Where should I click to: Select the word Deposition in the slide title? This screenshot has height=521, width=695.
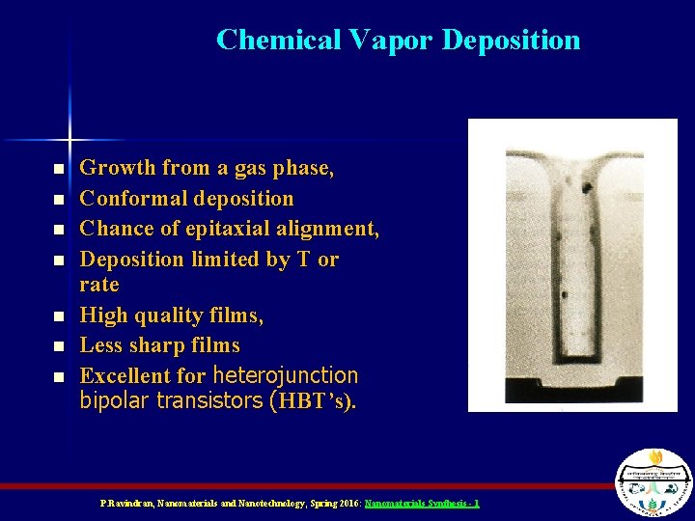511,40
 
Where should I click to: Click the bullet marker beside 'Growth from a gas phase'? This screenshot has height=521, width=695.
58,169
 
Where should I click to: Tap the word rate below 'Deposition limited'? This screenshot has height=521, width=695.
99,285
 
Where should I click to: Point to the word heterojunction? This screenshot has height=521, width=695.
285,375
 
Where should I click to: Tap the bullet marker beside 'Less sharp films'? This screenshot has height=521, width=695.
58,346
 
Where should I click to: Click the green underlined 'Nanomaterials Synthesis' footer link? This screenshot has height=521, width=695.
421,504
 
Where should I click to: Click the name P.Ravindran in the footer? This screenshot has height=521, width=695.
125,504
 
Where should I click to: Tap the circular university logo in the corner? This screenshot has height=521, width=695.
653,481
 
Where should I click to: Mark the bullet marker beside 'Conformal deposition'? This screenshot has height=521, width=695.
58,200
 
